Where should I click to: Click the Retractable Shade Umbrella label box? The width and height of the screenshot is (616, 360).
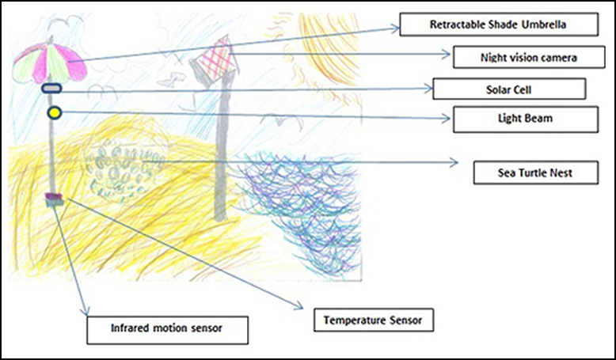[x=499, y=25]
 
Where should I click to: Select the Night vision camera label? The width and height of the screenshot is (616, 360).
[x=529, y=57]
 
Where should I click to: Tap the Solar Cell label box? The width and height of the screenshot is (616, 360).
[x=509, y=89]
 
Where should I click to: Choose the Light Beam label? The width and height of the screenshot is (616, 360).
[x=526, y=119]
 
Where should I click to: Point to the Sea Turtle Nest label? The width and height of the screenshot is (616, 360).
[x=536, y=172]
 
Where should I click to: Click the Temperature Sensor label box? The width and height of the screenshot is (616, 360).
[x=374, y=320]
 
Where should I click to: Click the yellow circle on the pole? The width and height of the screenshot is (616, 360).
[x=55, y=113]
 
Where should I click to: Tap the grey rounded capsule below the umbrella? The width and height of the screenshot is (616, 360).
[x=51, y=89]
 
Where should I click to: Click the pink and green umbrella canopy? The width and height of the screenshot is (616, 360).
[x=50, y=63]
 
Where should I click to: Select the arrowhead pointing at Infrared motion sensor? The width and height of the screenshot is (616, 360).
[x=86, y=311]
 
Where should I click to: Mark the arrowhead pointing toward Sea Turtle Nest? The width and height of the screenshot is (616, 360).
[x=454, y=161]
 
